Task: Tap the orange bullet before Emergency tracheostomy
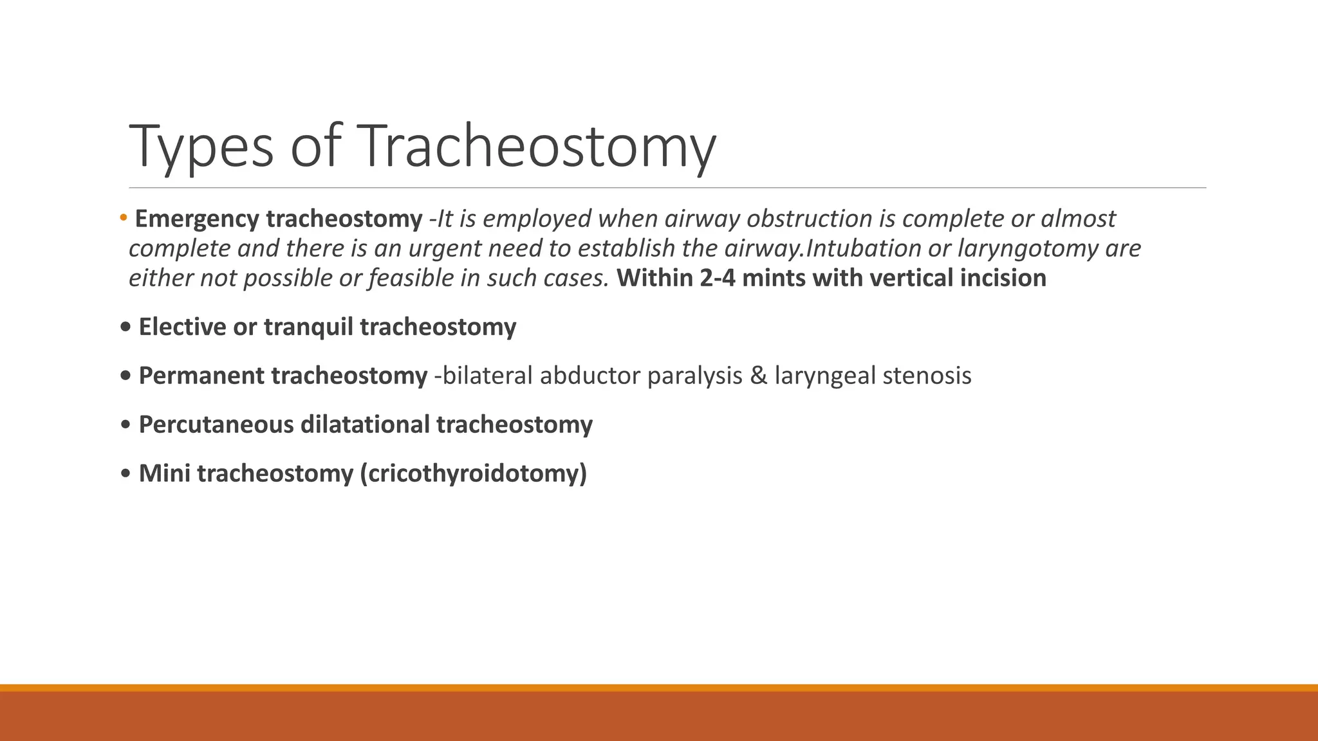coord(123,219)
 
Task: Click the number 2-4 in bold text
coord(717,279)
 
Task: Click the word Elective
coord(182,327)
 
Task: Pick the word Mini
coord(165,474)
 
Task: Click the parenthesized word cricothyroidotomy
coord(474,474)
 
